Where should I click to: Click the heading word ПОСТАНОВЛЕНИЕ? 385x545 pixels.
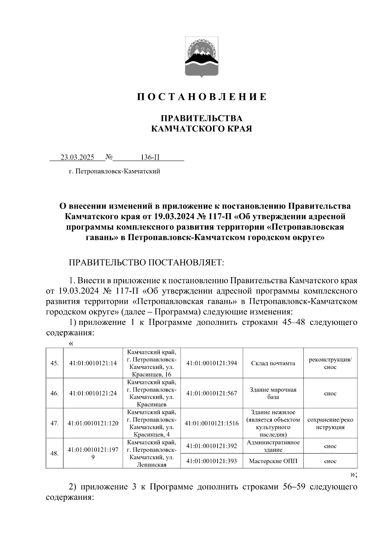[202, 97]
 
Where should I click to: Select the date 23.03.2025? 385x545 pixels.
[77, 157]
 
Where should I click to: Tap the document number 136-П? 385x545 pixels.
[150, 157]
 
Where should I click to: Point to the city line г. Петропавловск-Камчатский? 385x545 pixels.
[115, 171]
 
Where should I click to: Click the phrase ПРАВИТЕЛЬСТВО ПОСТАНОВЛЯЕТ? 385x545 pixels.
[146, 263]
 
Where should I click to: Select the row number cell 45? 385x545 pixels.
[55, 363]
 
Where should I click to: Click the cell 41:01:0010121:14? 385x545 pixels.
[93, 363]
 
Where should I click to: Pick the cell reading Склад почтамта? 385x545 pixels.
[273, 363]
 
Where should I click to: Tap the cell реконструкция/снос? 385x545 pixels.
[330, 363]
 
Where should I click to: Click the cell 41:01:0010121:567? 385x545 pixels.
[212, 393]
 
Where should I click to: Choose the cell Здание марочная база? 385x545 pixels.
[273, 393]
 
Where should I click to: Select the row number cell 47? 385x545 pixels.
[55, 423]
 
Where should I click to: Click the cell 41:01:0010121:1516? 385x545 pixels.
[212, 423]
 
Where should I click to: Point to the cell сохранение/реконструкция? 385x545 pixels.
[330, 423]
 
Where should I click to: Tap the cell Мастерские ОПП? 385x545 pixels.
[273, 461]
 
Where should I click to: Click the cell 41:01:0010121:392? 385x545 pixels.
[212, 446]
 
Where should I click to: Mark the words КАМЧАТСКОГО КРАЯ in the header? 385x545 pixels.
[202, 129]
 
